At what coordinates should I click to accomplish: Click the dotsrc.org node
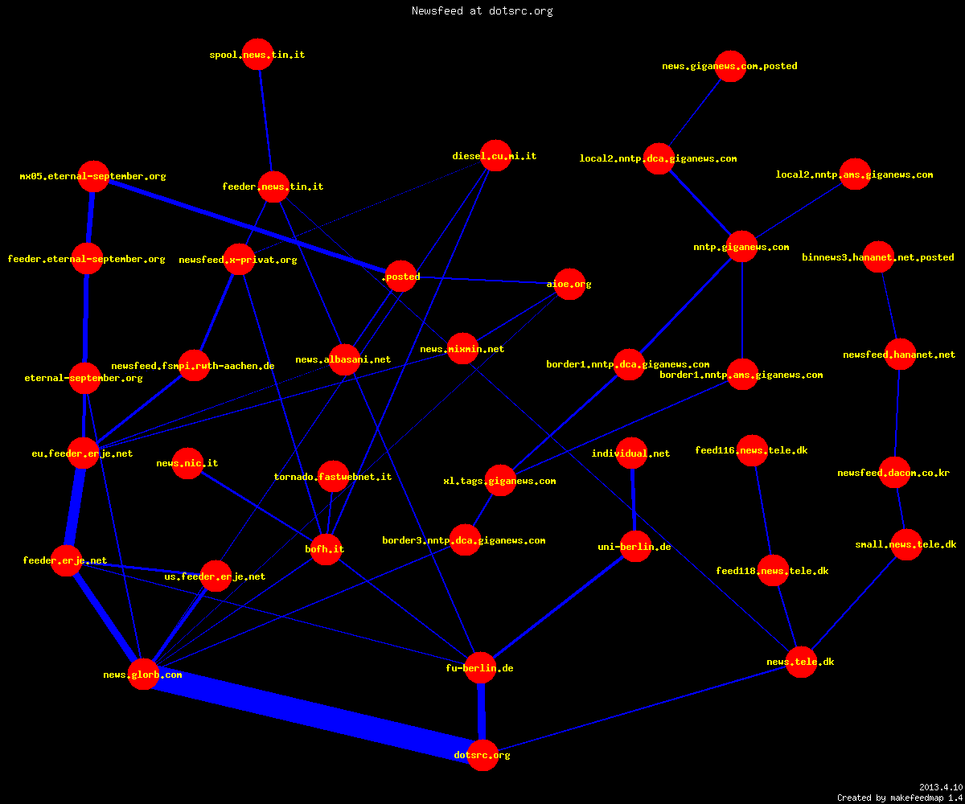(482, 755)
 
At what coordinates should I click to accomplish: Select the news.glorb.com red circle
(143, 675)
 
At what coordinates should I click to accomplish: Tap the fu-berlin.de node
(480, 667)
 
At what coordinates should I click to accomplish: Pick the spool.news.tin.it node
(257, 55)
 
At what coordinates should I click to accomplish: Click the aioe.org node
(569, 284)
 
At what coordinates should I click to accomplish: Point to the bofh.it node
(326, 549)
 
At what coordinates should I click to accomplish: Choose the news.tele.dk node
(802, 662)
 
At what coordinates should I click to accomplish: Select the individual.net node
(632, 453)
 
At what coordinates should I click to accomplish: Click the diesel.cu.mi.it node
(495, 156)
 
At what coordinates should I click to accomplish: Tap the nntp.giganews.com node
(741, 247)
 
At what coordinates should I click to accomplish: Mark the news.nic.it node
(187, 463)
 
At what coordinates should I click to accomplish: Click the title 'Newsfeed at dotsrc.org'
(482, 10)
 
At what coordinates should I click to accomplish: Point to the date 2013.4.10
(941, 787)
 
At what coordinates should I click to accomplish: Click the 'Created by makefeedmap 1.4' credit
(900, 798)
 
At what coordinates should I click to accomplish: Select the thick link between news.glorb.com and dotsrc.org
(313, 715)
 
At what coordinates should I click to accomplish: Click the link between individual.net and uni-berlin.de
(634, 500)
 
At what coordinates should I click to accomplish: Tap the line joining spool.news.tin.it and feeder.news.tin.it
(265, 121)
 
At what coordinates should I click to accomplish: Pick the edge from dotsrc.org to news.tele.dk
(642, 708)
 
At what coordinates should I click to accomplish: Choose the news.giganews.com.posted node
(730, 66)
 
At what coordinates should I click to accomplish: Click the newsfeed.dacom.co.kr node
(895, 473)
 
